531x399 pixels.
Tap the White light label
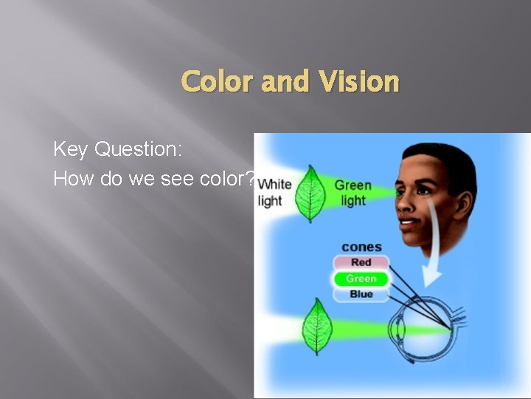coord(274,192)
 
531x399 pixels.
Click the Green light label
coord(353,192)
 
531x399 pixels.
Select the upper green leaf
coord(310,193)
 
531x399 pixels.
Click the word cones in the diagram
coord(361,247)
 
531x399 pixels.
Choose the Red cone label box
coord(361,262)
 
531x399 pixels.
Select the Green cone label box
coord(361,279)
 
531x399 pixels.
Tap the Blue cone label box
coord(361,294)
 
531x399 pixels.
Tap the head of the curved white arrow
coord(431,278)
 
